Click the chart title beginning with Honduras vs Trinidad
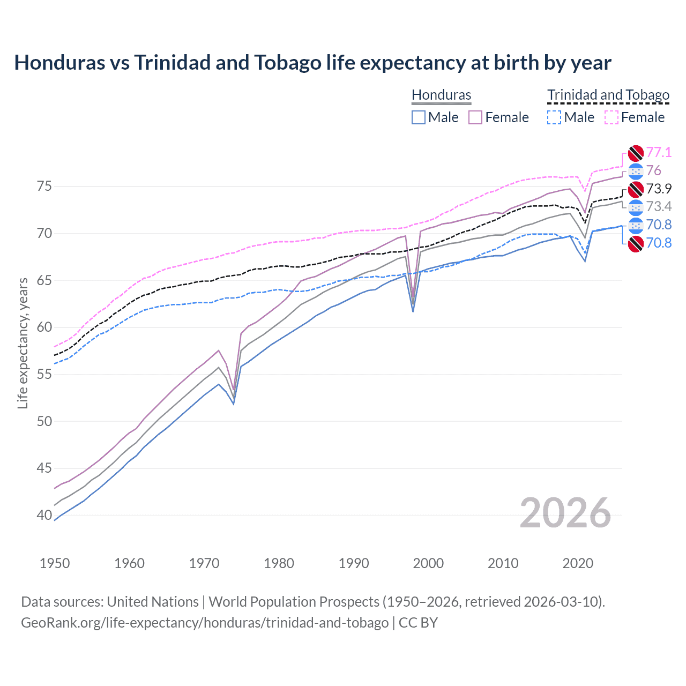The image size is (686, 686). pos(312,63)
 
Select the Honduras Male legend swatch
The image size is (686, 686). pos(419,117)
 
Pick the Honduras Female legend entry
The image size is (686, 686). pos(499,117)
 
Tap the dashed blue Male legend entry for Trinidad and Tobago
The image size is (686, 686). pos(571,117)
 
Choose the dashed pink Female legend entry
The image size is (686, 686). pos(635,117)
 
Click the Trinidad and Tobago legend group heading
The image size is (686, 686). pos(608,95)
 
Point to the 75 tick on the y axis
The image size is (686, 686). pos(44,187)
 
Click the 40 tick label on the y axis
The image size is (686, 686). pos(44,515)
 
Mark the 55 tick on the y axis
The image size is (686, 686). pos(44,374)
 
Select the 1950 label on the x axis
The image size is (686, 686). pos(55,563)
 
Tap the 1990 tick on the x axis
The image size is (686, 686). pos(354,563)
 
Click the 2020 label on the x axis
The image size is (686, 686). pos(578,563)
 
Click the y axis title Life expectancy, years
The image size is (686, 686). pos(23,343)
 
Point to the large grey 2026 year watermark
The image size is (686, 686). pos(565,513)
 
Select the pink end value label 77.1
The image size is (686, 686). pos(659,152)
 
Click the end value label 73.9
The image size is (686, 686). pos(659,189)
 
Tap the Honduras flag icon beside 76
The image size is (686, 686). pos(636,171)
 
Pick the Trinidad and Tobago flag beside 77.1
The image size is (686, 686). pos(636,153)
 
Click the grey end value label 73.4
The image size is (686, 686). pos(659,207)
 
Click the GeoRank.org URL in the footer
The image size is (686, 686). pos(205,623)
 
